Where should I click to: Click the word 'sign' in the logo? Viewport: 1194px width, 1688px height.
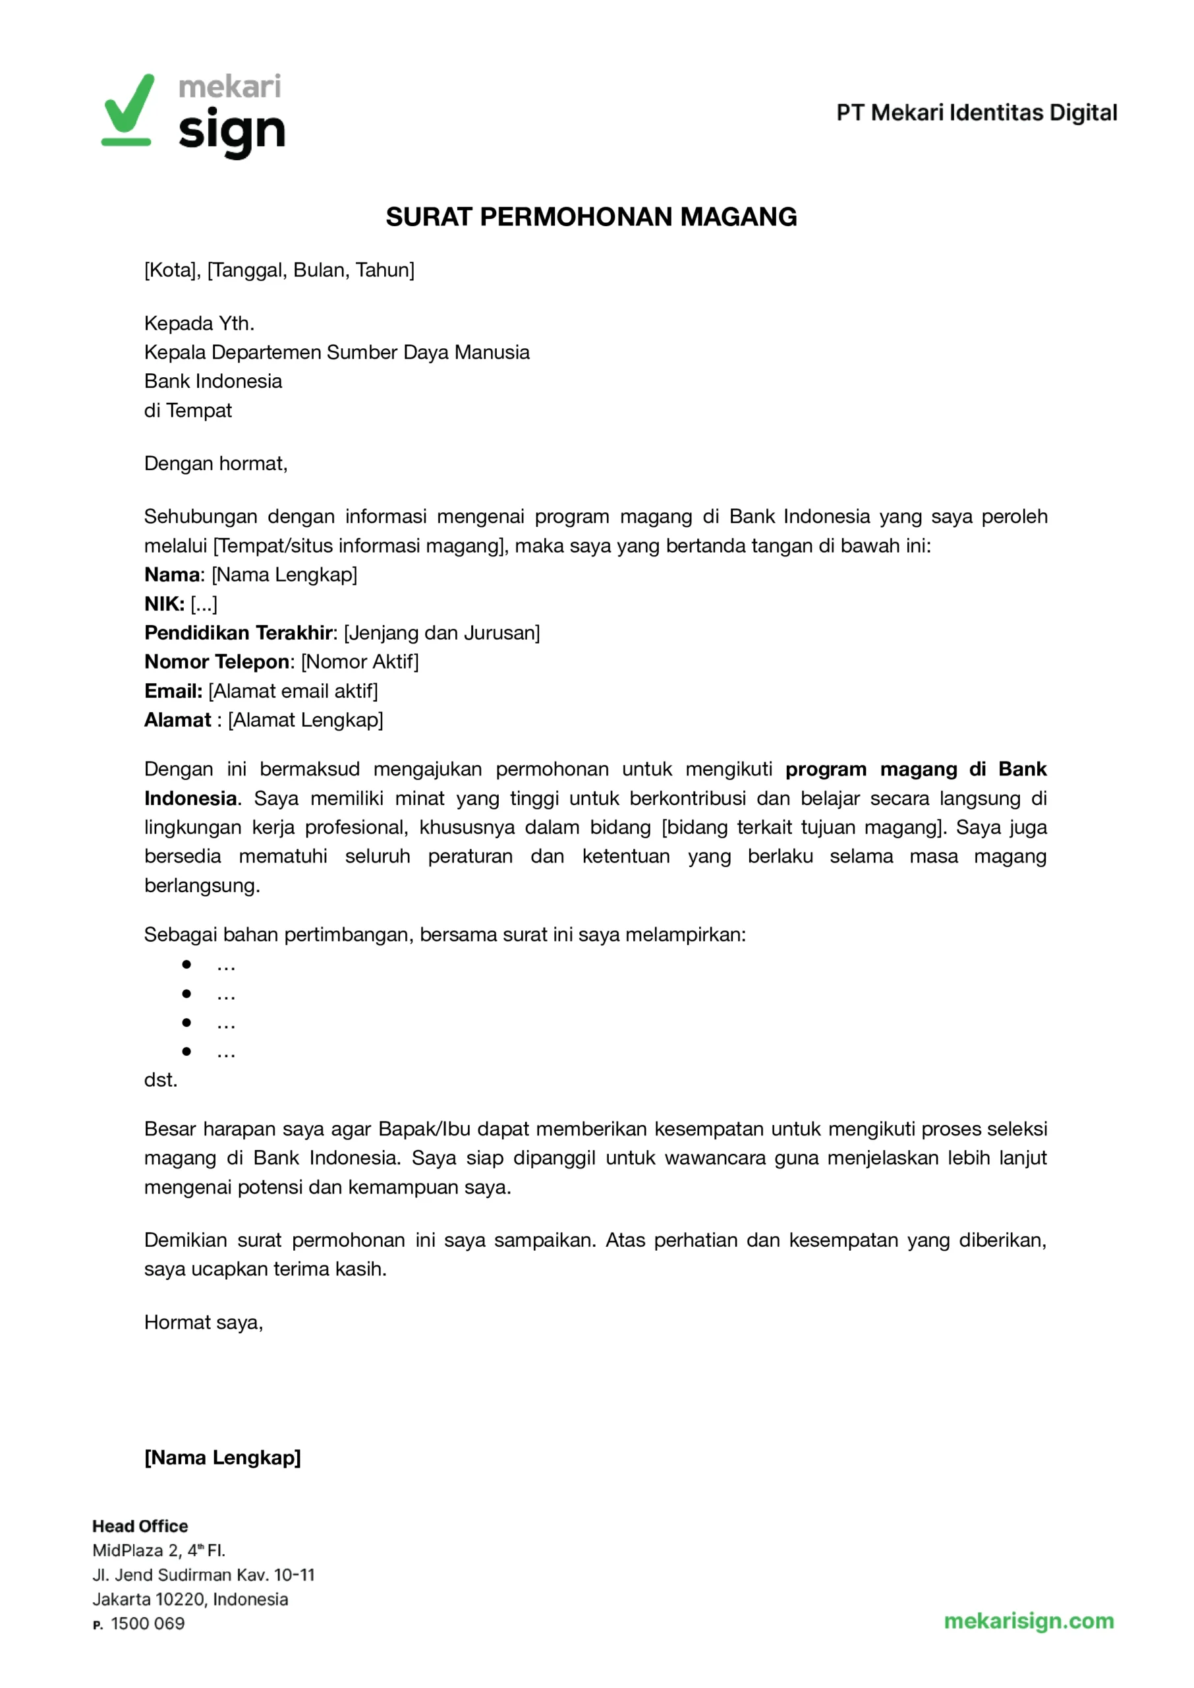[x=231, y=133]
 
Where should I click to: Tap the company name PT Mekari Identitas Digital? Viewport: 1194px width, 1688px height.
[x=977, y=113]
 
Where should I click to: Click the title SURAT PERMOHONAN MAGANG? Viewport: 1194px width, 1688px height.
[x=591, y=217]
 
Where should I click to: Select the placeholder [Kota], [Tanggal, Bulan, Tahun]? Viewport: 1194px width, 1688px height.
[x=279, y=270]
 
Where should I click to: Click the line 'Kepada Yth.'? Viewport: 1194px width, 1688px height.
[x=199, y=323]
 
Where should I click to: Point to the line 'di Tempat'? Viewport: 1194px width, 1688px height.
[x=188, y=410]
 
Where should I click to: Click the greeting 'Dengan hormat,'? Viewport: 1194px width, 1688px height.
[x=215, y=464]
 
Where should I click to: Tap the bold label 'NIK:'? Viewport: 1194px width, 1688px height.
[x=164, y=604]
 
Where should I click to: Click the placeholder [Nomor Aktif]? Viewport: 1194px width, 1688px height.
[x=360, y=661]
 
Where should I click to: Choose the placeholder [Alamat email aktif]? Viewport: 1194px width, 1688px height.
[x=293, y=690]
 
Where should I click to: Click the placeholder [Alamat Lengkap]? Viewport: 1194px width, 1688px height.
[x=305, y=719]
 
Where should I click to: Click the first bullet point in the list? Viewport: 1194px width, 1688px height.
[x=186, y=964]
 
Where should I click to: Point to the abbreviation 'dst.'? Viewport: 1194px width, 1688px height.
[x=160, y=1080]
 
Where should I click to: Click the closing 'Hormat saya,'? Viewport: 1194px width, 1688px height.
[x=204, y=1323]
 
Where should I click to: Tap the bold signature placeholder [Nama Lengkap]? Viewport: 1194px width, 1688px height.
[x=222, y=1457]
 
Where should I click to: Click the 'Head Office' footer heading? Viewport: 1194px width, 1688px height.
[x=140, y=1526]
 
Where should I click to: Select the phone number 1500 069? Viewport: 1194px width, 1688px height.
[x=148, y=1624]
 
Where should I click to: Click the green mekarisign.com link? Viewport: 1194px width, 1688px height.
[x=1029, y=1621]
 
